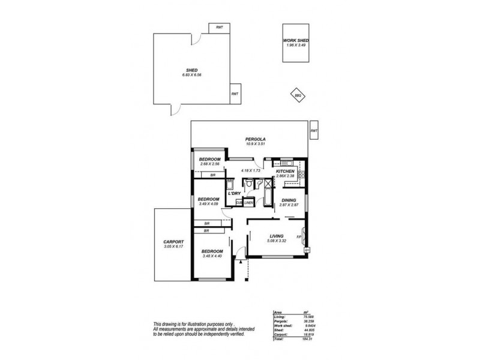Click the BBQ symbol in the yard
tap(297, 95)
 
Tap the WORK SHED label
tap(296, 41)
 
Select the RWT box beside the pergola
tap(314, 131)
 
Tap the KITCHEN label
tap(284, 172)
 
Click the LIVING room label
tap(277, 236)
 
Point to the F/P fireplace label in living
tap(298, 236)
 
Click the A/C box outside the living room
tap(307, 250)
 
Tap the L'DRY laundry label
tap(233, 193)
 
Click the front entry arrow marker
tap(241, 261)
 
